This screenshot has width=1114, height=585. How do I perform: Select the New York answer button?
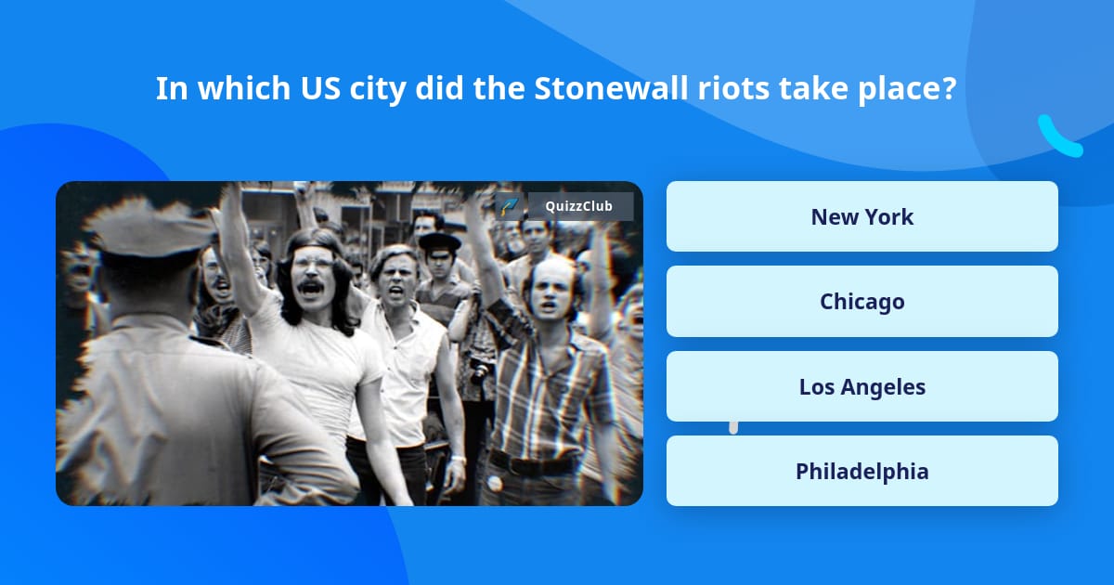click(861, 216)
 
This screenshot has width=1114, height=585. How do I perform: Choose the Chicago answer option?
click(861, 301)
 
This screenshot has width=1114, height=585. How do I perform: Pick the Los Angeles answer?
click(861, 386)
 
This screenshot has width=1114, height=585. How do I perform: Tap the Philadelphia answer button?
click(861, 471)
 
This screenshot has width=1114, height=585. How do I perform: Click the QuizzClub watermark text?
click(578, 206)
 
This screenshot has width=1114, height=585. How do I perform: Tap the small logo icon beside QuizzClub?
click(509, 206)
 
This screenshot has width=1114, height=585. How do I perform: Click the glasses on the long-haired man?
click(313, 264)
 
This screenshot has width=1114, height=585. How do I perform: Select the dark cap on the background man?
click(438, 242)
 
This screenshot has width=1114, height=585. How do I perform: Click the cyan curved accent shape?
click(1058, 136)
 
